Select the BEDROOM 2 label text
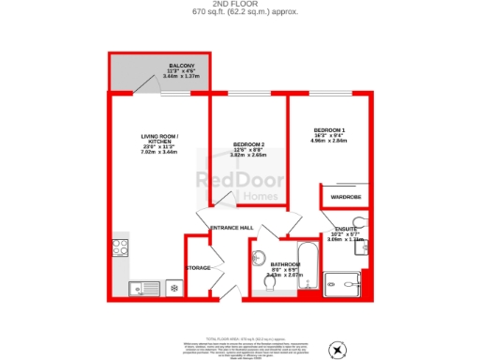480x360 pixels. [x=248, y=143]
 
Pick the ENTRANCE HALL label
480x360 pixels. [x=232, y=229]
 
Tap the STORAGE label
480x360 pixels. [x=199, y=268]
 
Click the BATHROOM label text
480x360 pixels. [x=284, y=264]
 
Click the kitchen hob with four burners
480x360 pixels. [x=121, y=247]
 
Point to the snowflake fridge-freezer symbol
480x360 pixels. [x=172, y=287]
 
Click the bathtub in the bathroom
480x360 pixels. [x=308, y=268]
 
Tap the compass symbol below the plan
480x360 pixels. [x=337, y=349]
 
